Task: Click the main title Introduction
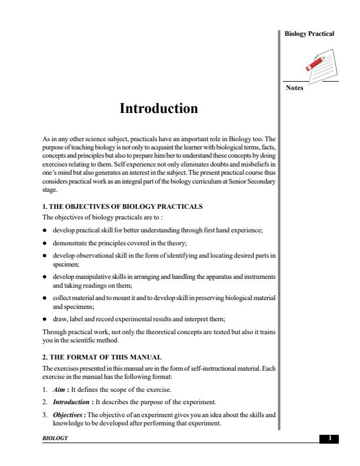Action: tap(159, 109)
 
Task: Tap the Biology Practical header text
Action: tap(309, 34)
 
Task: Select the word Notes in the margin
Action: tap(294, 89)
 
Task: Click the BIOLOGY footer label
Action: tap(49, 439)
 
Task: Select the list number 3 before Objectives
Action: tap(38, 415)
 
